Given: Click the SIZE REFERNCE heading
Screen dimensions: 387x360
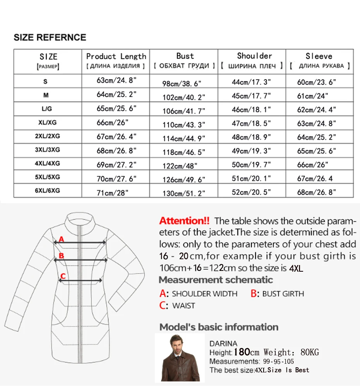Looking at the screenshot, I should [50, 38].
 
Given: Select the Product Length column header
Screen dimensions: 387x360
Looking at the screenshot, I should [116, 57].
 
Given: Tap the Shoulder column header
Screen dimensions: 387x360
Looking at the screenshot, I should [254, 56].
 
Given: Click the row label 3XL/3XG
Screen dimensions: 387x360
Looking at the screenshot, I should [48, 150].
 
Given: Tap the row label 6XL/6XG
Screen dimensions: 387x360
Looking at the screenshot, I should [48, 190].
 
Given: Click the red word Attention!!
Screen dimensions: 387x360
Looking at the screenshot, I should [184, 221].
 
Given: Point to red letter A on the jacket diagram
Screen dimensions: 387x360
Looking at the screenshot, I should [61, 240].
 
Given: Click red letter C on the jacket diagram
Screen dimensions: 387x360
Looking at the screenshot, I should [63, 276].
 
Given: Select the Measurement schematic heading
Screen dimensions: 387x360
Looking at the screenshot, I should [216, 280].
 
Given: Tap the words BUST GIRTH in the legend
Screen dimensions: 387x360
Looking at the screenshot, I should [283, 294].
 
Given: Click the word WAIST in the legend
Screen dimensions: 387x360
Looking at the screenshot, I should [183, 306].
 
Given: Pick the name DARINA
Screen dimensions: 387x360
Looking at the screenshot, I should [223, 343].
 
